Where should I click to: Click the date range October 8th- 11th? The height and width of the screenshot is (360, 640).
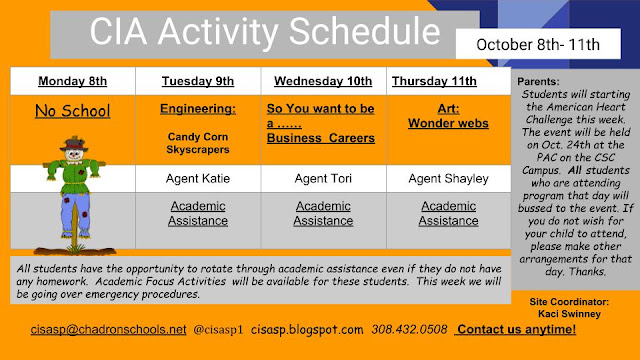[538, 44]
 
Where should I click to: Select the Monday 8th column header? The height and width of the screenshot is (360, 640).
[73, 81]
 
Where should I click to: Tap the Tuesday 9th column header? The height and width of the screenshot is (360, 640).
[198, 81]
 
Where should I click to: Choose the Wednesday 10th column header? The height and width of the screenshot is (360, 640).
[323, 81]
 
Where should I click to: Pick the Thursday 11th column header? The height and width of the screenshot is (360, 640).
[434, 81]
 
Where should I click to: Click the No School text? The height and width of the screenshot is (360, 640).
[73, 111]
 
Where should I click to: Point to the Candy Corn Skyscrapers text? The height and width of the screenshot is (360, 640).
[198, 143]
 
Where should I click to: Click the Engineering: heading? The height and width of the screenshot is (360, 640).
[198, 109]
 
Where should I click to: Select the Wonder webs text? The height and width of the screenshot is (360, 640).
[448, 123]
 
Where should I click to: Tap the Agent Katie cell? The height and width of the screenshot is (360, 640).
[198, 178]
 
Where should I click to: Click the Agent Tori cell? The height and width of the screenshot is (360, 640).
[323, 178]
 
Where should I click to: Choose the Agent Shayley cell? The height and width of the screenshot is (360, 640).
[449, 178]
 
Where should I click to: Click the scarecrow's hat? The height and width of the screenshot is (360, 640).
[74, 144]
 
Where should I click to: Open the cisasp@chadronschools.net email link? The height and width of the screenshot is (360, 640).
[109, 329]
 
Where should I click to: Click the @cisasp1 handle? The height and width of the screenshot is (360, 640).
[218, 329]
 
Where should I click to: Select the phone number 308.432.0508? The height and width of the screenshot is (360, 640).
[409, 329]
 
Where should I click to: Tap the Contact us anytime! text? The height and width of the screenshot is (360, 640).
[516, 329]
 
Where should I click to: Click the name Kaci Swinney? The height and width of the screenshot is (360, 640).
[569, 314]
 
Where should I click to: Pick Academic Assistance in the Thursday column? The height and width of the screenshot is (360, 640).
[449, 213]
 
